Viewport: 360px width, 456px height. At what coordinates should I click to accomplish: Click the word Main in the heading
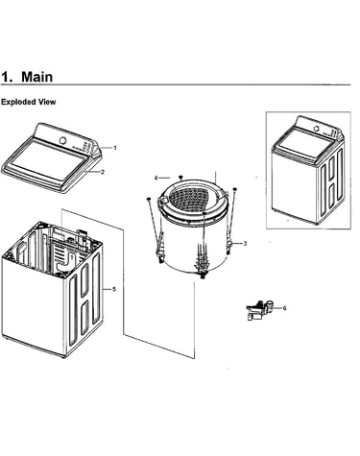click(36, 77)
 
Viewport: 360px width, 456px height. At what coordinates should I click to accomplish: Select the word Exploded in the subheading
click(18, 102)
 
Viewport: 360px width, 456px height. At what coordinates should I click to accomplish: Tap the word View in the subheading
click(47, 102)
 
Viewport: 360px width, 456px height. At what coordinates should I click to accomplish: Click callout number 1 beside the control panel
click(115, 148)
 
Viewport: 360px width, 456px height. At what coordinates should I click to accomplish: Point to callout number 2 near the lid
click(103, 172)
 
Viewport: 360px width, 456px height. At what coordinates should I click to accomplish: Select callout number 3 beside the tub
click(245, 244)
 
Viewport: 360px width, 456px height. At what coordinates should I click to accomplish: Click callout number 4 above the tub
click(156, 178)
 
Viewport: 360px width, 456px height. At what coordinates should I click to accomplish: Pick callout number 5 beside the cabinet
click(114, 289)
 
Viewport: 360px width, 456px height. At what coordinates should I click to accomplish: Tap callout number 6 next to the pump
click(284, 308)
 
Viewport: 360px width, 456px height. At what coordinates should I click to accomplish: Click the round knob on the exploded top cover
click(63, 140)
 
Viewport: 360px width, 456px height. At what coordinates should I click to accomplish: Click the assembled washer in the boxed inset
click(308, 170)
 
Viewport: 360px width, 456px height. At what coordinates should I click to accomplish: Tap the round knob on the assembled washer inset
click(316, 129)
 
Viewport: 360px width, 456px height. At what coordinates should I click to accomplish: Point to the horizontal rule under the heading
click(176, 85)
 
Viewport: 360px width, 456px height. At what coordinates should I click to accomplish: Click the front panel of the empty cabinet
click(34, 304)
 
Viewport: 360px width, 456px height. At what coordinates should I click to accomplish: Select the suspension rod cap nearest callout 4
click(180, 177)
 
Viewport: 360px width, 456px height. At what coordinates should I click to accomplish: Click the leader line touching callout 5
click(107, 289)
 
